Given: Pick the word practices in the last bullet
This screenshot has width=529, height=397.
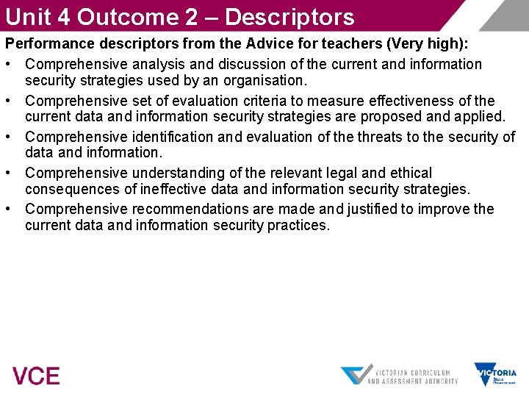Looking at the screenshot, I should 296,226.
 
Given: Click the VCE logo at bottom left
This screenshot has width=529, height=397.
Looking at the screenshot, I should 36,376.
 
